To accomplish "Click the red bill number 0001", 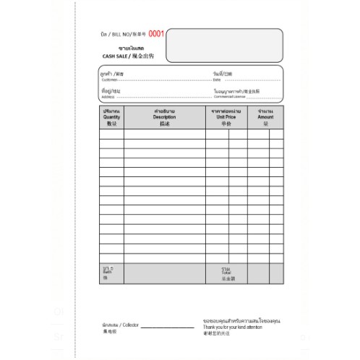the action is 157,33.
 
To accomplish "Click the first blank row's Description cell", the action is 165,134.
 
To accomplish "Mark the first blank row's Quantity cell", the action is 111,134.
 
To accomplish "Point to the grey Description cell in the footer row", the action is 165,273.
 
